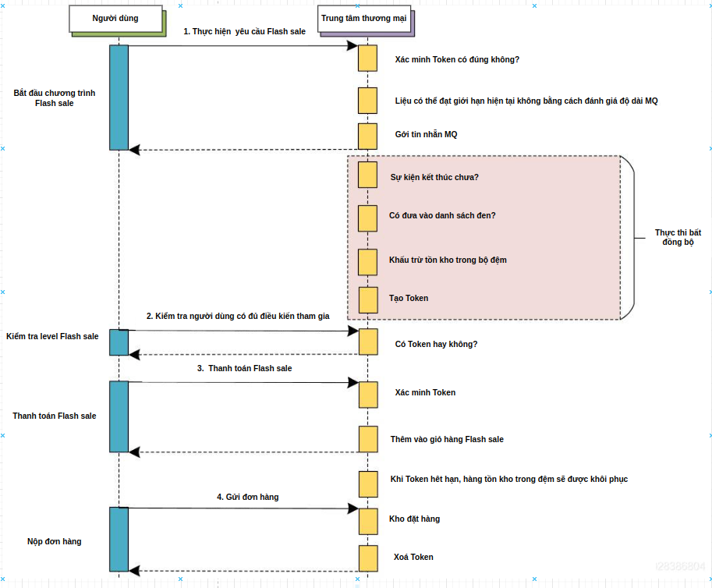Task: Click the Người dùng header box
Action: coord(115,19)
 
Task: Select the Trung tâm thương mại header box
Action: coord(363,19)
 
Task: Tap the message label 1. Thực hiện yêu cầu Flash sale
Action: coord(244,31)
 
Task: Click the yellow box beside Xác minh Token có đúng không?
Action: coord(368,58)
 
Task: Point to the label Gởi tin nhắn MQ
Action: coord(426,135)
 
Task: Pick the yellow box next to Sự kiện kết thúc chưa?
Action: coord(368,174)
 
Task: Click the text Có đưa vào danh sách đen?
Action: coord(442,215)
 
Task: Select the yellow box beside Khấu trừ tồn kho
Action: coord(368,261)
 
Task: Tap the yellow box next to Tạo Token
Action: coord(368,299)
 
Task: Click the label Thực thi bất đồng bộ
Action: coord(678,237)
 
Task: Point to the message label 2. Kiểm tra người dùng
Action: coord(238,316)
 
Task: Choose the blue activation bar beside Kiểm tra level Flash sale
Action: coord(119,342)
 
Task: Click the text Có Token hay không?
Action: coord(436,344)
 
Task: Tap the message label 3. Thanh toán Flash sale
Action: coord(244,368)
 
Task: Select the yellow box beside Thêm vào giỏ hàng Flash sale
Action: coord(368,439)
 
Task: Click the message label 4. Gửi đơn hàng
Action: coord(247,497)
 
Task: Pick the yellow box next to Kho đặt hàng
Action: coord(368,520)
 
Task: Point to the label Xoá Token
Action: coord(413,557)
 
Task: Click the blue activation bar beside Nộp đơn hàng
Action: coord(119,539)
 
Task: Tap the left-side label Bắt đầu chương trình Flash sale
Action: coord(55,97)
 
